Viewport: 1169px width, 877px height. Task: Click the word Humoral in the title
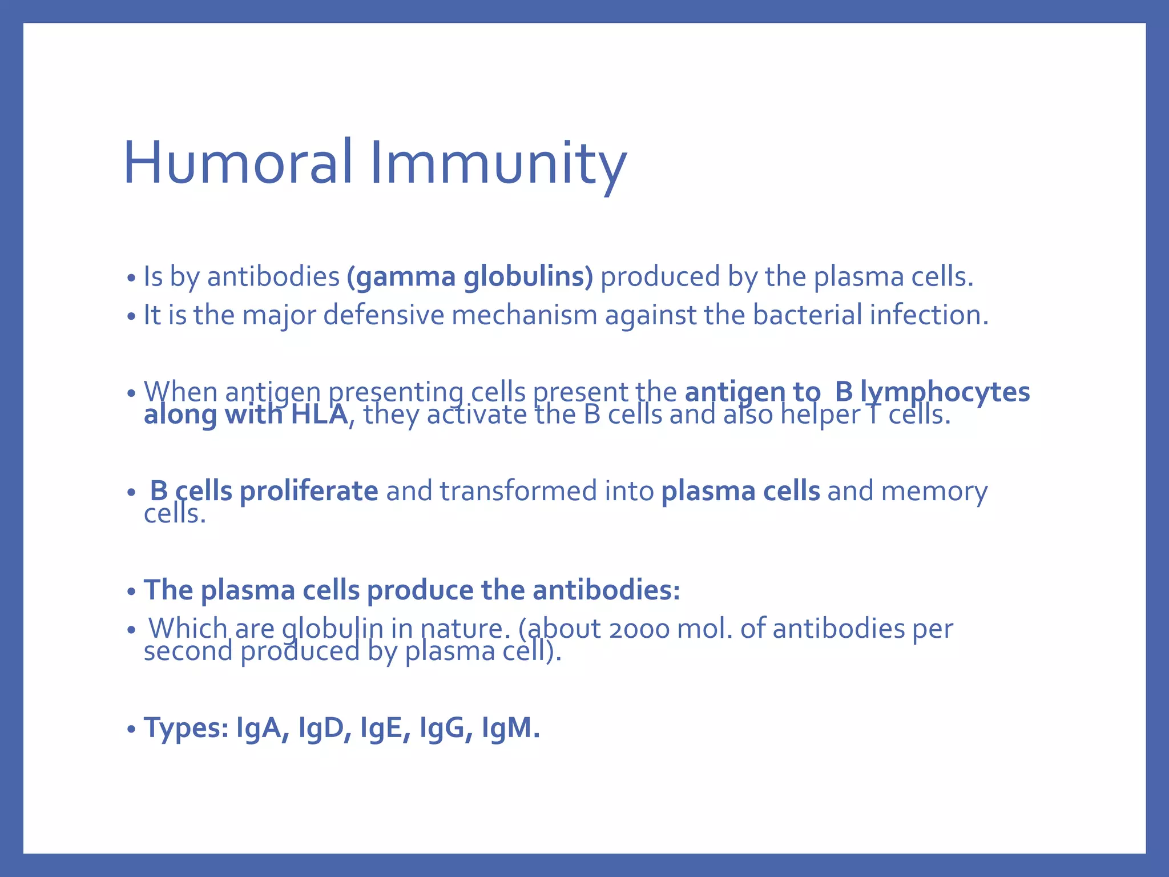pyautogui.click(x=237, y=164)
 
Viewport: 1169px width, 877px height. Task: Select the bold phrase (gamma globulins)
pyautogui.click(x=470, y=277)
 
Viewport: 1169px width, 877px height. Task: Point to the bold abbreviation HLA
pyautogui.click(x=319, y=415)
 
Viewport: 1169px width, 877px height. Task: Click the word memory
pyautogui.click(x=934, y=491)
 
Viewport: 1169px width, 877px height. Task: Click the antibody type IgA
pyautogui.click(x=262, y=728)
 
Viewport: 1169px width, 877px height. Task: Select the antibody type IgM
pyautogui.click(x=510, y=728)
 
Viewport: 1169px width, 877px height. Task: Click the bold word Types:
pyautogui.click(x=186, y=728)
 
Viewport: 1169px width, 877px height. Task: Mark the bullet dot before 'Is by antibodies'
pyautogui.click(x=131, y=279)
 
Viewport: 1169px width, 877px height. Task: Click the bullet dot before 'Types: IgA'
pyautogui.click(x=131, y=730)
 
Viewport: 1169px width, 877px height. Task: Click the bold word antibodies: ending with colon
pyautogui.click(x=606, y=590)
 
